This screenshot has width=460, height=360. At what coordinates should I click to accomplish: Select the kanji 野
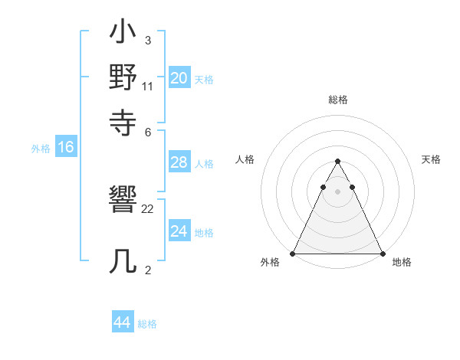[123, 78]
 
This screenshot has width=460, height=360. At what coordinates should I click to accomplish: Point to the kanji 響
[123, 203]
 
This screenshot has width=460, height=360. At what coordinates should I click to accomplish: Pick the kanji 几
[123, 261]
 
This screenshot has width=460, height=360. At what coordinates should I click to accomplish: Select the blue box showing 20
[179, 78]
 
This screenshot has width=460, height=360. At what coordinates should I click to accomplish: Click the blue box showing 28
[179, 163]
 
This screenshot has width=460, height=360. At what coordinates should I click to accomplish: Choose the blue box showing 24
[179, 231]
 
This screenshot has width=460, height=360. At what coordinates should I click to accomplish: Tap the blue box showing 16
[66, 148]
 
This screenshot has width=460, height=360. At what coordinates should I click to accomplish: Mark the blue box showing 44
[122, 322]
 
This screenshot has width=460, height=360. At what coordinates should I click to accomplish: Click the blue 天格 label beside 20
[204, 79]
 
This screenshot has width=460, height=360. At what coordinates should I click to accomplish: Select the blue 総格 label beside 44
[147, 324]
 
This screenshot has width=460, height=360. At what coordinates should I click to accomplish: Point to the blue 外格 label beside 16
[41, 149]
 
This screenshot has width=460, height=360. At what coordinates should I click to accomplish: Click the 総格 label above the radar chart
[338, 100]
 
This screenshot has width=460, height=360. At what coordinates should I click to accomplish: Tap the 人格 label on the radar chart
[245, 159]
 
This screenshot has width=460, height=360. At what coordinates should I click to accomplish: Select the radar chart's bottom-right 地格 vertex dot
[382, 254]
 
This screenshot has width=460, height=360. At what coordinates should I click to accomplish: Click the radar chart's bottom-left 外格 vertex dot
[293, 254]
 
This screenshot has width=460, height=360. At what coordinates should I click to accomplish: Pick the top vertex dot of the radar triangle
[337, 162]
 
